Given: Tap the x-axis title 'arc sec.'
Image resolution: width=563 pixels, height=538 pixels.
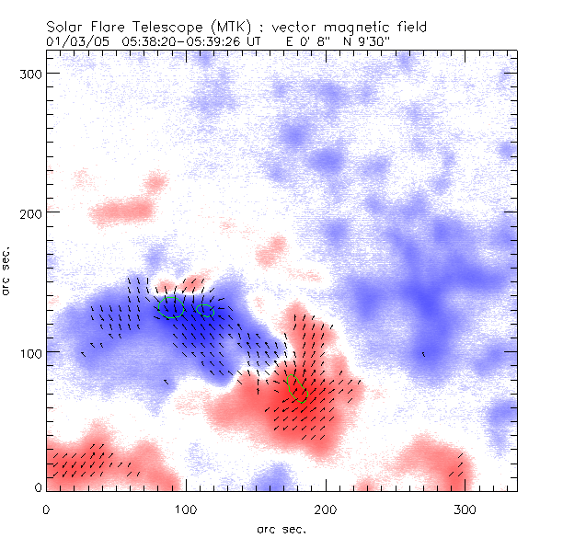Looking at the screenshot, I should coord(281,528).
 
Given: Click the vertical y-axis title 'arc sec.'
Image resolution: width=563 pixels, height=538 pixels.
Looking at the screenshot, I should coord(6,270).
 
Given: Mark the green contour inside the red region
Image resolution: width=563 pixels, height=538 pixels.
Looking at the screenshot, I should coord(296,388).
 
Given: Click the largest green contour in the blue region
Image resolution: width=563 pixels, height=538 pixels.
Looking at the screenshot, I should coord(170,308).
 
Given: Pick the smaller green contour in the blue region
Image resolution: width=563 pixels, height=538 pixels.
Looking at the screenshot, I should coord(205,310).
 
